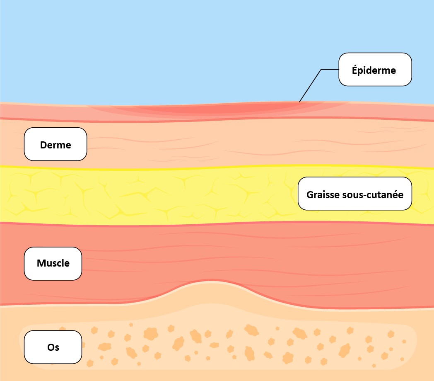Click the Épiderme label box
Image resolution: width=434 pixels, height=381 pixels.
coord(375,70)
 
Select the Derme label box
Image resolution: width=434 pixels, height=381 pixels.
coord(55,144)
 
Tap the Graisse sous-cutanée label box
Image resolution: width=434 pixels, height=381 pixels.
coord(355,194)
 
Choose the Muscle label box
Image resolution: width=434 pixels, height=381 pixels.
coord(53,263)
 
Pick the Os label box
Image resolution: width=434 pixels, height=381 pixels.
coord(53,347)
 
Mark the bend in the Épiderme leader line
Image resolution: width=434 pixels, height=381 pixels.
coord(321,70)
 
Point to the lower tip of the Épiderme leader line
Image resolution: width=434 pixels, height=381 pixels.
coord(299,102)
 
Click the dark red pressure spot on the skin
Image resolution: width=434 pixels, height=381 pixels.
coord(232,109)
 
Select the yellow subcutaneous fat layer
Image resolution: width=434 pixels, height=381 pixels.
coord(166,195)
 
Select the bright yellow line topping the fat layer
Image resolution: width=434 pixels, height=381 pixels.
coord(207,167)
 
